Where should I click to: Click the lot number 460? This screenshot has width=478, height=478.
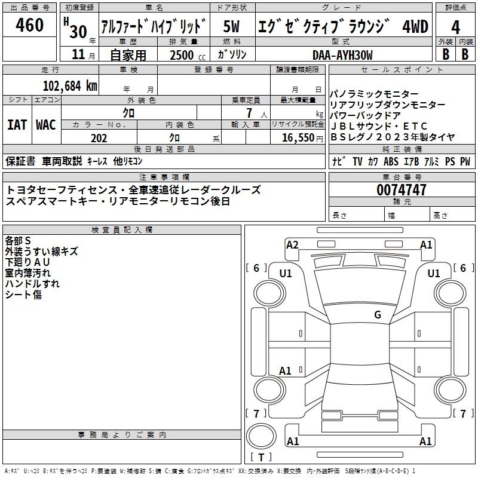[x=30, y=25]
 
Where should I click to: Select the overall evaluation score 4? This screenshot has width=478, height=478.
[x=456, y=27]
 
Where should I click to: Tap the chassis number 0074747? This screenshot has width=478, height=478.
[x=402, y=191]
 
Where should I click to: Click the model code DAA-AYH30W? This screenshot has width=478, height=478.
[x=342, y=55]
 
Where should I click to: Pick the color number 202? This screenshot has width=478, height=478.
[x=99, y=139]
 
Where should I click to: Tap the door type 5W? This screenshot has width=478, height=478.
[x=233, y=26]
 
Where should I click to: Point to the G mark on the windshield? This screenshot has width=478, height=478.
[x=377, y=315]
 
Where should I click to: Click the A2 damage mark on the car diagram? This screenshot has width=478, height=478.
[x=293, y=244]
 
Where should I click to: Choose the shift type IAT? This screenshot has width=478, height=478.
[x=17, y=125]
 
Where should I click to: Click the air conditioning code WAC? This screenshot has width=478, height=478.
[x=46, y=125]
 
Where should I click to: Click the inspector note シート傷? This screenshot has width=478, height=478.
[x=23, y=295]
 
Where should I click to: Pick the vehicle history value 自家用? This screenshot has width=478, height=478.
[x=128, y=55]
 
